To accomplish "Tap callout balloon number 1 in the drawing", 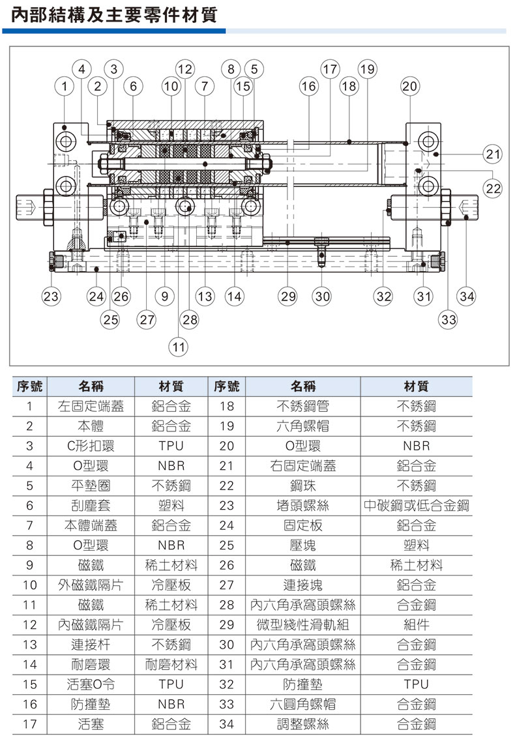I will pos(64,85).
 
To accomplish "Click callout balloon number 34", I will pos(467,297).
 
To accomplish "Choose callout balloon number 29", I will pos(287,297).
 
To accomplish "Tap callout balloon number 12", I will pos(185,68).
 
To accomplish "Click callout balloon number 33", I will pos(449,319).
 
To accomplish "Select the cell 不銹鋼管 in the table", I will pos(302,407).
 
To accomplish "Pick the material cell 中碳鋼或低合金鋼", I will pos(416,505).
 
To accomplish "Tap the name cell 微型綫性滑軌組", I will pos(302,624).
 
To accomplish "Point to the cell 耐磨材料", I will pos(171,665).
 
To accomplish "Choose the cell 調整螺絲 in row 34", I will pos(302,724).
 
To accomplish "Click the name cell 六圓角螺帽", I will pos(302,705).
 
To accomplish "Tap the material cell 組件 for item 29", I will pos(416,624).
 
